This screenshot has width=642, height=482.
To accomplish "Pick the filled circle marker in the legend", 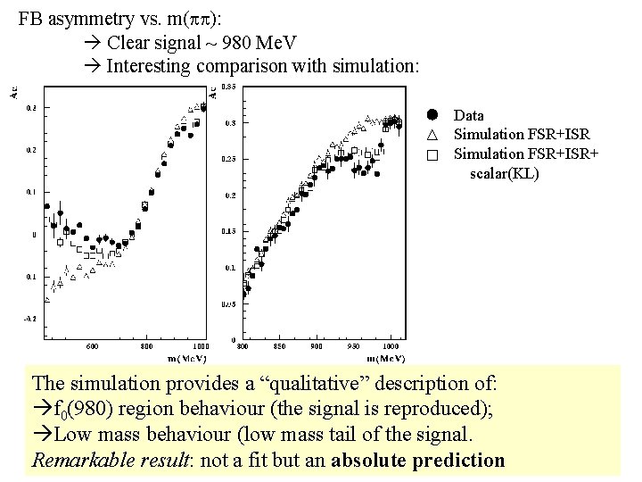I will [432, 114].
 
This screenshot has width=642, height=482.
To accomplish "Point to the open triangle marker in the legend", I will [432, 135].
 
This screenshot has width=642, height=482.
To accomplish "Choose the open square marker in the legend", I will [432, 154].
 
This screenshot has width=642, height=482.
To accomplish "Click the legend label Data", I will [468, 115].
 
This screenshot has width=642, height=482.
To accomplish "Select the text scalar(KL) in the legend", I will [505, 173].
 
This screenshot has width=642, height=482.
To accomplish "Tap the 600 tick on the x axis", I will [92, 345].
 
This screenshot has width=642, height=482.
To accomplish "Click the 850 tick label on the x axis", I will [280, 345].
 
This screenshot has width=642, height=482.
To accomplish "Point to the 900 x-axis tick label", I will [317, 345].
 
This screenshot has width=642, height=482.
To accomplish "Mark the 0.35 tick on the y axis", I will [228, 87].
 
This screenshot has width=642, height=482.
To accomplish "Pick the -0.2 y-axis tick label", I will [30, 318].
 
